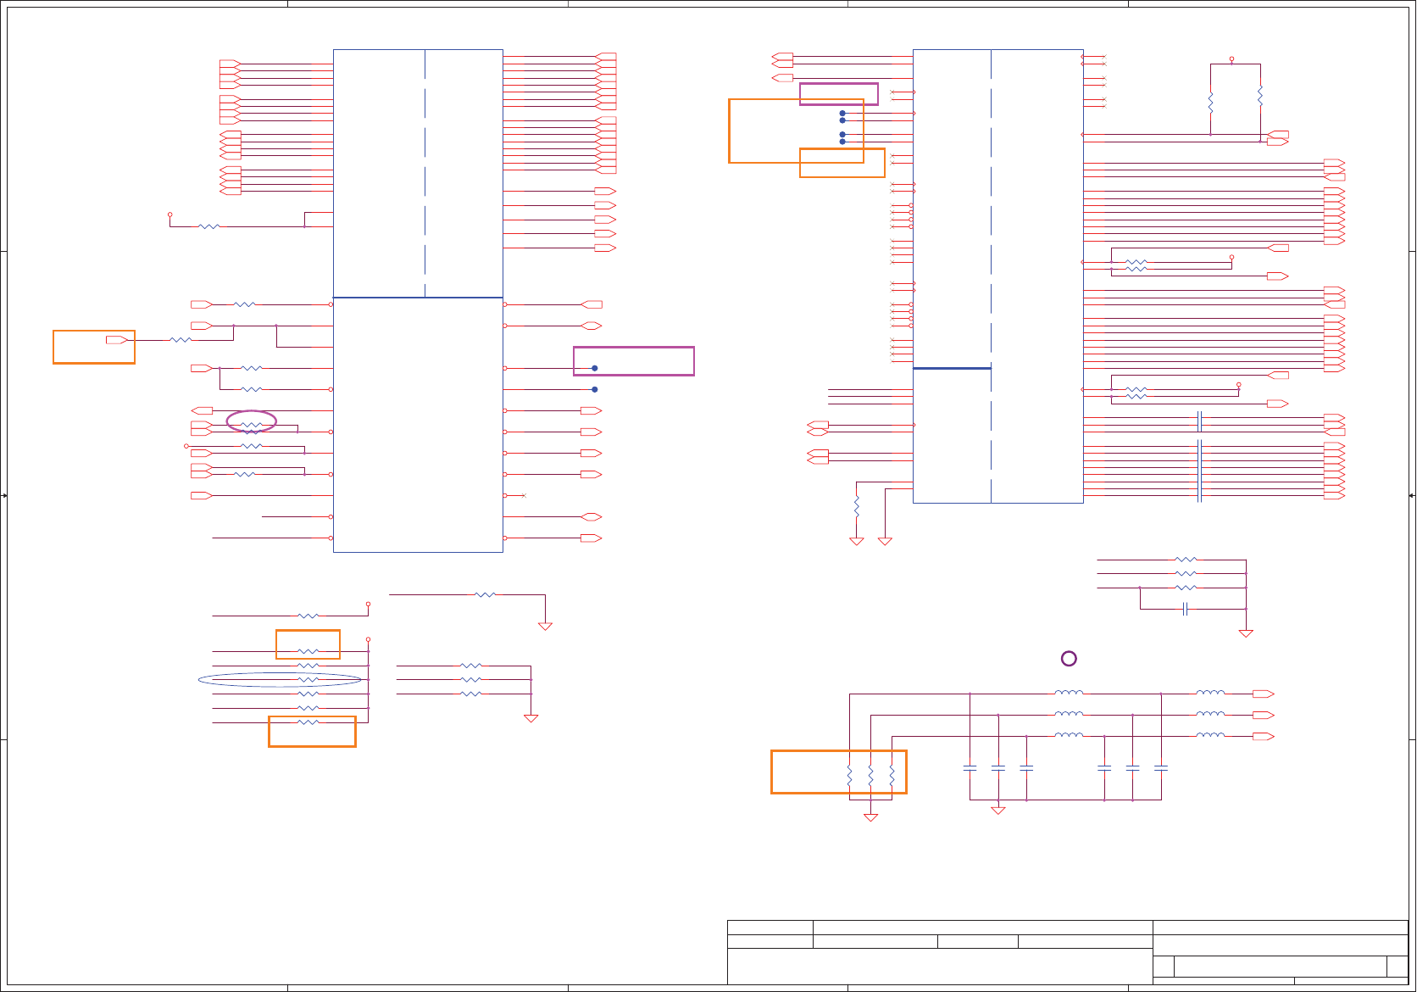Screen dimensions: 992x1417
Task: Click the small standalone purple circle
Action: pyautogui.click(x=1069, y=659)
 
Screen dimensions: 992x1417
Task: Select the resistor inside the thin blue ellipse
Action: pyautogui.click(x=308, y=680)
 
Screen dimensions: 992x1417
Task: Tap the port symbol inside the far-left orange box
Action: pyautogui.click(x=117, y=340)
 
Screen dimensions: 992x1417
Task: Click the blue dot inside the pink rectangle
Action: pyautogui.click(x=595, y=368)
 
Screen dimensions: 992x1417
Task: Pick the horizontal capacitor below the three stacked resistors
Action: pyautogui.click(x=1186, y=609)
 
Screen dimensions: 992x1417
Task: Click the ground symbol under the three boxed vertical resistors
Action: pyautogui.click(x=870, y=817)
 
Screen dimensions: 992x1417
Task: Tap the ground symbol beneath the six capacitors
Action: pyautogui.click(x=998, y=811)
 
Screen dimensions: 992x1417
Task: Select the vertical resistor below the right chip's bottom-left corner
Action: pyautogui.click(x=857, y=507)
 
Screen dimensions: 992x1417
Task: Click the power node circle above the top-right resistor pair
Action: pyautogui.click(x=1231, y=59)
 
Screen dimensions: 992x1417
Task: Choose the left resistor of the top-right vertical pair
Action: pyautogui.click(x=1210, y=103)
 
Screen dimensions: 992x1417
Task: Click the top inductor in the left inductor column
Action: pyautogui.click(x=1069, y=693)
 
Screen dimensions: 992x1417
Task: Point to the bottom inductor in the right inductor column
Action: pyautogui.click(x=1210, y=735)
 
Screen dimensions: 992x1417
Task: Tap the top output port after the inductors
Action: pyautogui.click(x=1263, y=694)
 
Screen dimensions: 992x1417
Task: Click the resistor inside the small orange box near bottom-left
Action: pyautogui.click(x=308, y=652)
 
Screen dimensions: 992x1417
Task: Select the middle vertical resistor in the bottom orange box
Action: pyautogui.click(x=870, y=775)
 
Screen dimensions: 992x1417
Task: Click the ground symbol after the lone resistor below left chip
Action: pyautogui.click(x=545, y=627)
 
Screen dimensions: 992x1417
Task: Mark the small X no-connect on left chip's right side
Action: pyautogui.click(x=524, y=495)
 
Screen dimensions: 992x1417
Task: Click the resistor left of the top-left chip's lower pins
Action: pyautogui.click(x=208, y=226)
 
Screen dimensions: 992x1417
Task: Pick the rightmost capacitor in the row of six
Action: pyautogui.click(x=1161, y=768)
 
